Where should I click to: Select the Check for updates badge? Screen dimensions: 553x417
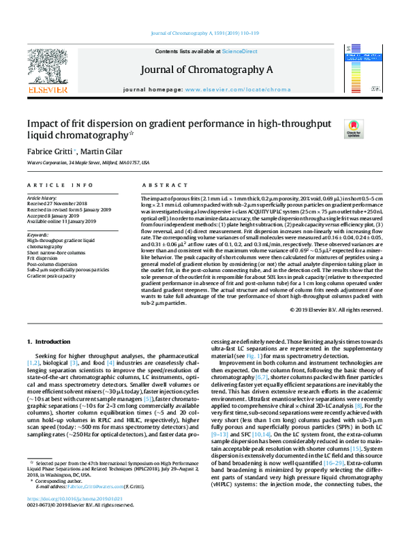coord(353,129)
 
